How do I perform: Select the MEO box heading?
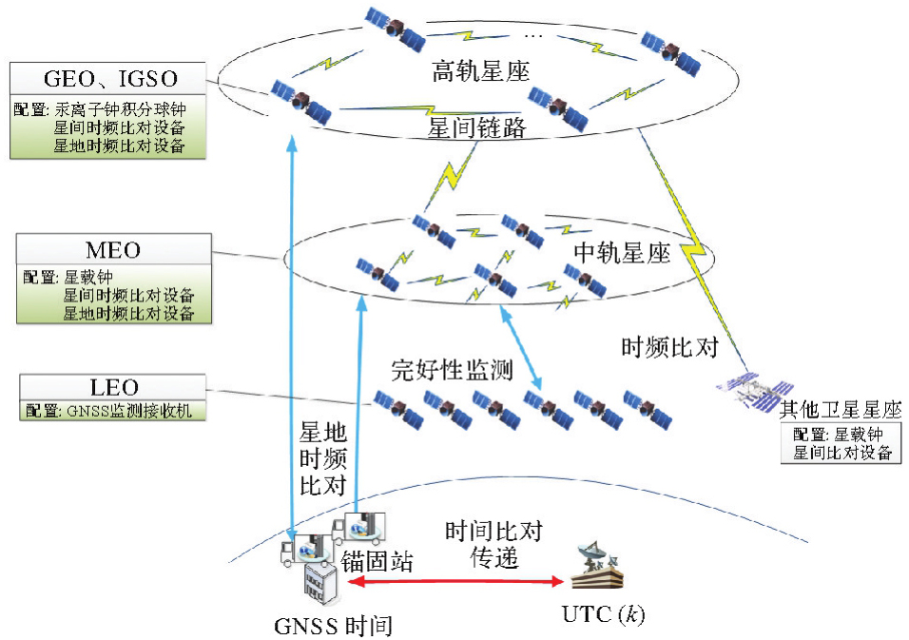pyautogui.click(x=113, y=250)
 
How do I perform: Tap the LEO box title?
pyautogui.click(x=113, y=388)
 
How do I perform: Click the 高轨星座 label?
pyautogui.click(x=480, y=72)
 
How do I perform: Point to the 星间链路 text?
pyautogui.click(x=479, y=127)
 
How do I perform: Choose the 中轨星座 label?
pyautogui.click(x=623, y=253)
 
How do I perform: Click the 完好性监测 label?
pyautogui.click(x=453, y=370)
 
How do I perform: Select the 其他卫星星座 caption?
pyautogui.click(x=841, y=410)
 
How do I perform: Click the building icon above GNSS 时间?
pyautogui.click(x=320, y=581)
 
